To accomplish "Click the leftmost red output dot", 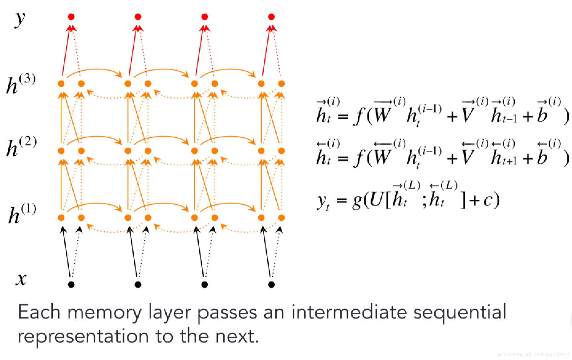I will [x=71, y=17].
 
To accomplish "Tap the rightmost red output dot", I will [x=271, y=17].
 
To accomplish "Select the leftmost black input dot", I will [x=71, y=284].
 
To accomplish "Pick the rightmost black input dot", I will [x=271, y=284].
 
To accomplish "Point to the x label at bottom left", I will [x=21, y=279].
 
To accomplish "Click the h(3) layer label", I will [x=21, y=84].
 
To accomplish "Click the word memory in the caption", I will [x=104, y=313].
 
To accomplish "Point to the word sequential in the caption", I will [x=460, y=313].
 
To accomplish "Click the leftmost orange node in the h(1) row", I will [x=61, y=218].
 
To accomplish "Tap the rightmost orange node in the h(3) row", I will [x=281, y=84].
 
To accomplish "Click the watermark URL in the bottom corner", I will [x=533, y=355].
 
